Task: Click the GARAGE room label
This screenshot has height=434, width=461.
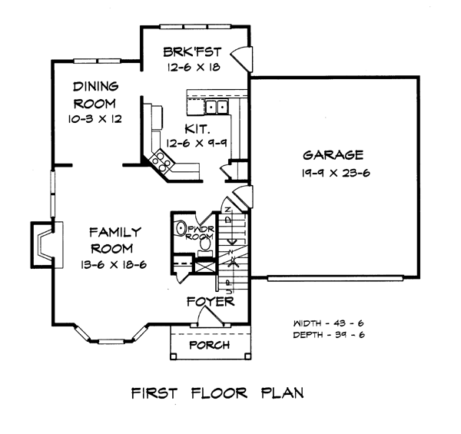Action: [x=333, y=155]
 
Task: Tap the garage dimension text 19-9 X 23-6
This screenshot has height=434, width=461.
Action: [x=336, y=173]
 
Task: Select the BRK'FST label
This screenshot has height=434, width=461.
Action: [x=192, y=52]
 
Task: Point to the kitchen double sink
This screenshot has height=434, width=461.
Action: [x=217, y=107]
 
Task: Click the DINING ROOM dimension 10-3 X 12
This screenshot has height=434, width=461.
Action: [x=95, y=119]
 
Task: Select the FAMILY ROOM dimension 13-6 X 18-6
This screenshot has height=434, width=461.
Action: [x=114, y=265]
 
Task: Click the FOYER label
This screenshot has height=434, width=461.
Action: [x=211, y=301]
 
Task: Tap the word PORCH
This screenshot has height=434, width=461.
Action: [x=210, y=345]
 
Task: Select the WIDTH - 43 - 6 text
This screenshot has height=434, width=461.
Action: [x=328, y=323]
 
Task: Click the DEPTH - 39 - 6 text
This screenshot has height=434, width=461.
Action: [x=329, y=335]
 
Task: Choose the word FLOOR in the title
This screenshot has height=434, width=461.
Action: [x=219, y=393]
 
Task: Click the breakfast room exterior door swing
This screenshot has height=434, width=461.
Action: [x=240, y=58]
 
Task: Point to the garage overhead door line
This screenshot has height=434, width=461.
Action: [x=335, y=278]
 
